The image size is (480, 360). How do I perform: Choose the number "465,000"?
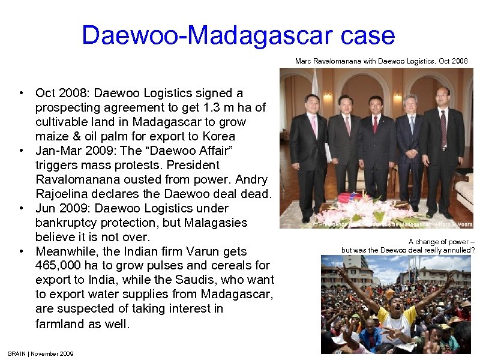60,266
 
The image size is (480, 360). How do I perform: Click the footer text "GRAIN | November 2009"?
41,354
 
